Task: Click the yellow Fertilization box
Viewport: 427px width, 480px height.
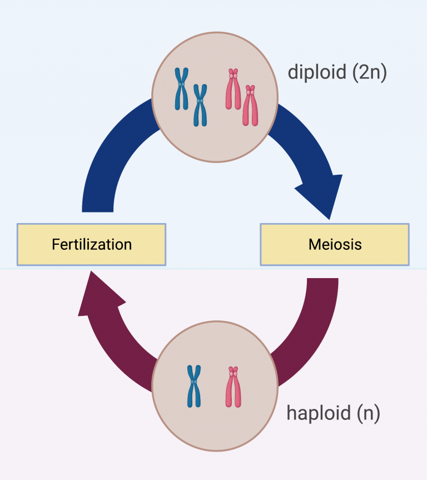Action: pos(91,244)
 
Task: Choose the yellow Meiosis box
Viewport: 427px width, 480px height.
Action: pos(335,244)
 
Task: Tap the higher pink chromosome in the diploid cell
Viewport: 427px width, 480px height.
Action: pos(234,89)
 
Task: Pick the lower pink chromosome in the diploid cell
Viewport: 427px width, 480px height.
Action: pos(251,105)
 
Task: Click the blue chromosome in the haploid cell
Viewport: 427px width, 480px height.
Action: pos(193,386)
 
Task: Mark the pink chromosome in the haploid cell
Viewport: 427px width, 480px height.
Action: pos(234,386)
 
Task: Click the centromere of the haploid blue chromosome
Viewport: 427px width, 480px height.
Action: pos(193,382)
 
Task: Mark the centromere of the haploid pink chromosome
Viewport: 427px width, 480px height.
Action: pos(234,371)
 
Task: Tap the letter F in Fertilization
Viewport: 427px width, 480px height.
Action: pos(55,244)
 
